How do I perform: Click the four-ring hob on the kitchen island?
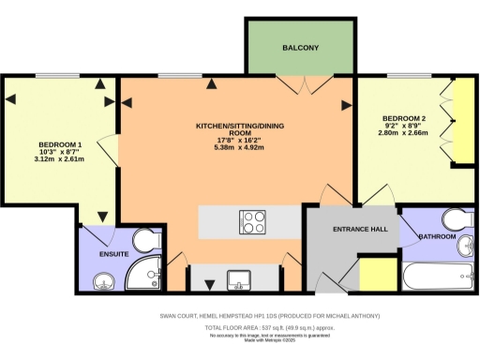pyautogui.click(x=253, y=222)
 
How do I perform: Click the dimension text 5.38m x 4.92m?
pyautogui.click(x=236, y=148)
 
